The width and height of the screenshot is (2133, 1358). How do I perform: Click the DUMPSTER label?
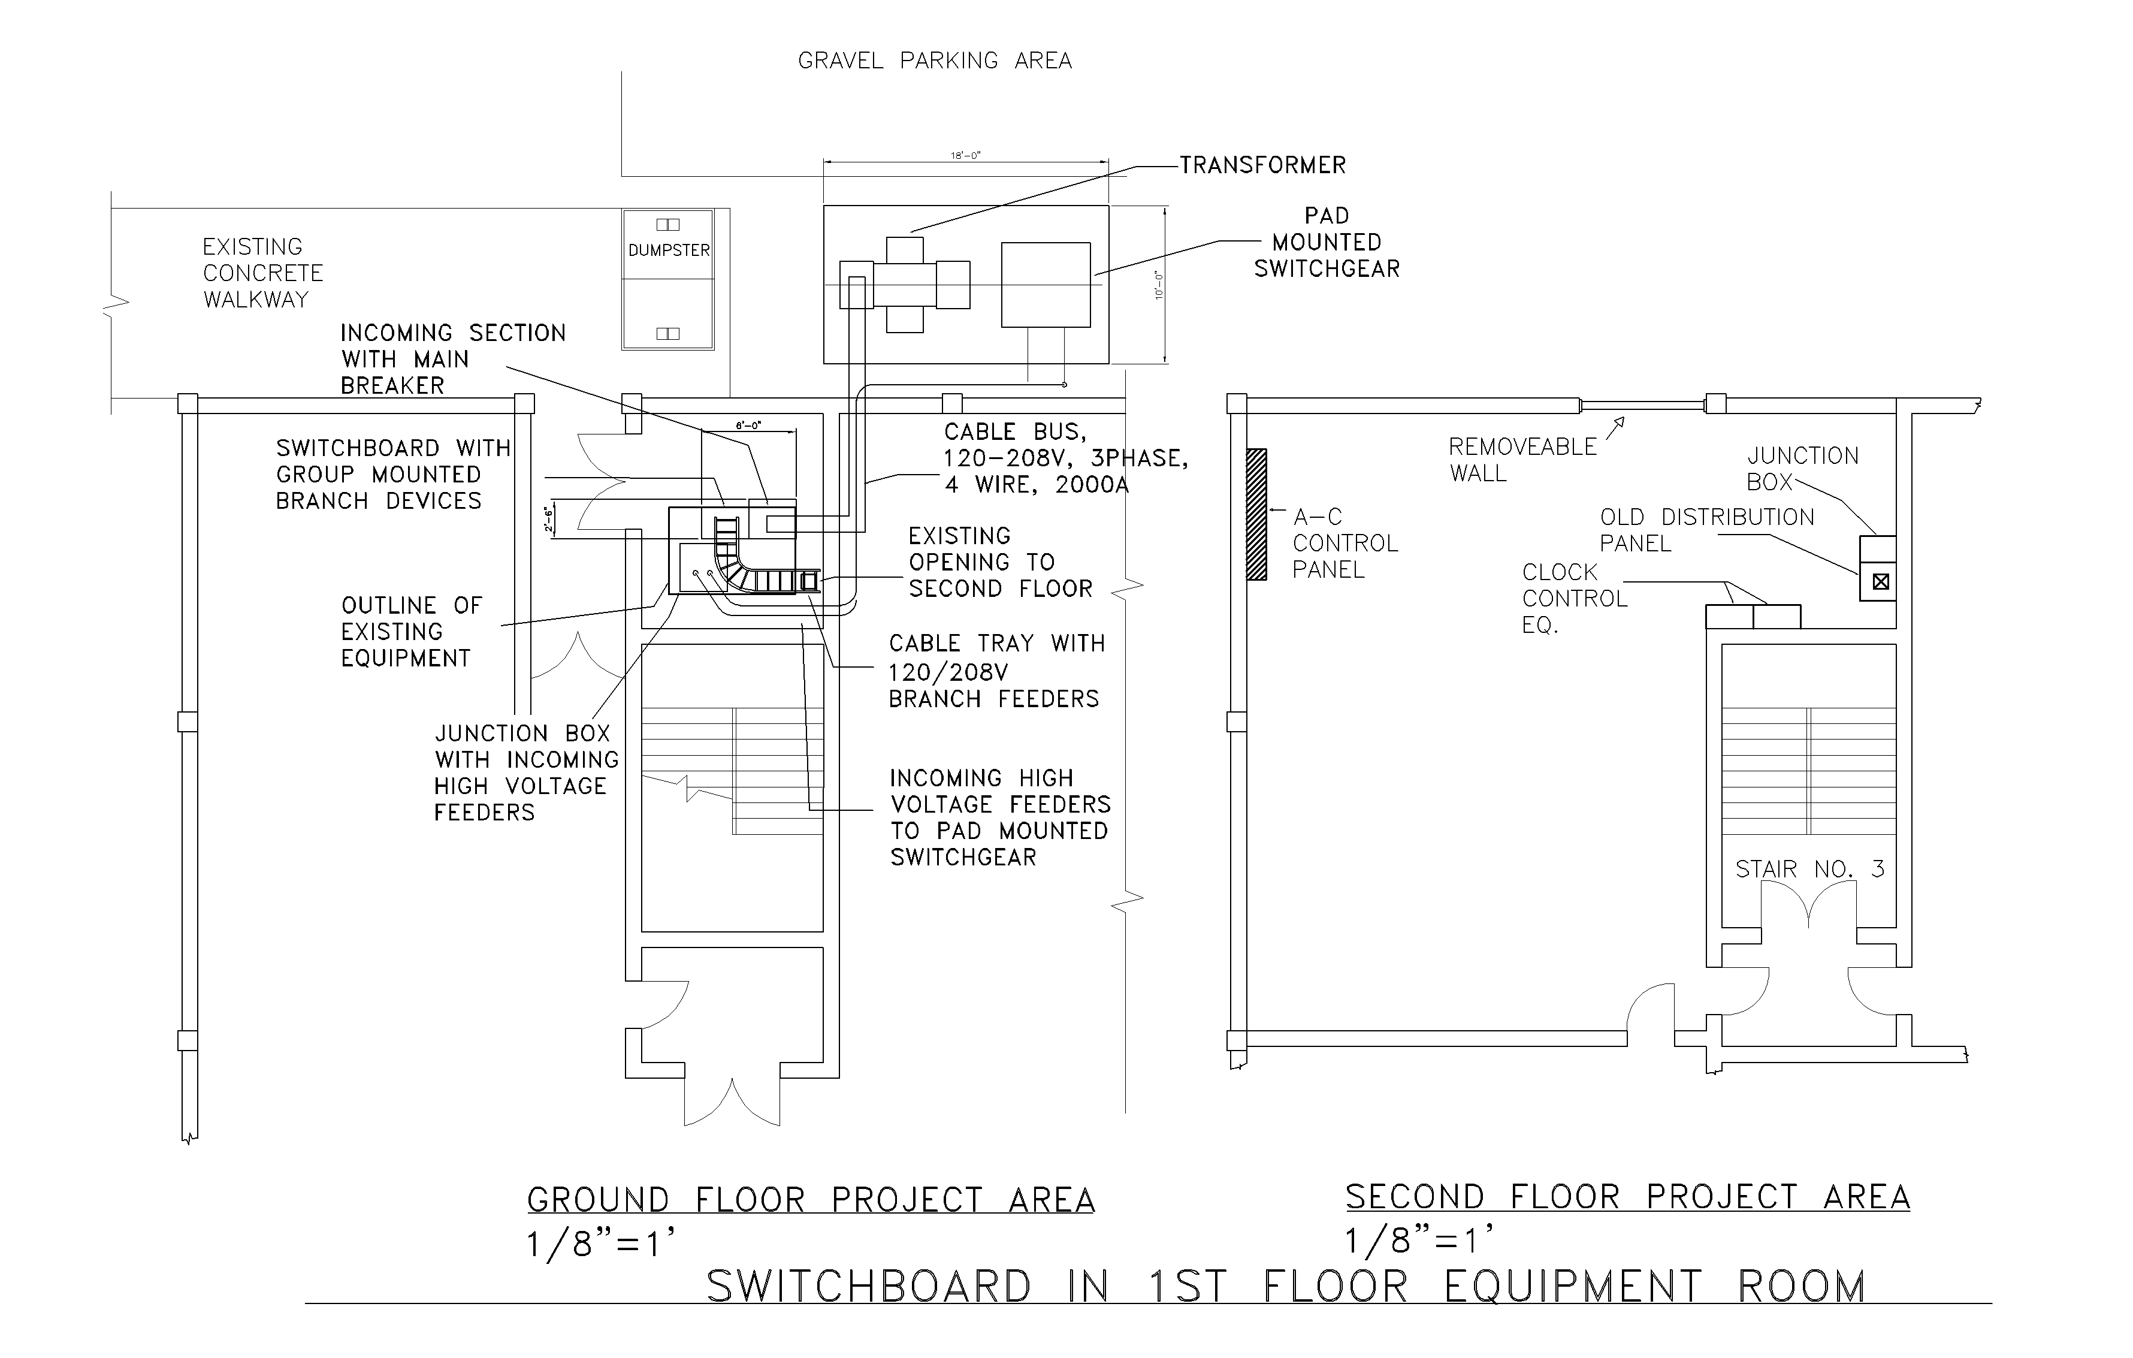coord(669,251)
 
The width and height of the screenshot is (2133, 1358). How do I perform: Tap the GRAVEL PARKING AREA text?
coord(935,61)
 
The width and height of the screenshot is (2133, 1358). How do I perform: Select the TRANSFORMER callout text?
coord(1262,165)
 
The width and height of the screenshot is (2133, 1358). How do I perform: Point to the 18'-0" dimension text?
coord(965,156)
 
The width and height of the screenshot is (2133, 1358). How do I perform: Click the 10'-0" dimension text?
coord(1158,284)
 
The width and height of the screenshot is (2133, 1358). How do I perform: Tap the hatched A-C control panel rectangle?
coord(1256,515)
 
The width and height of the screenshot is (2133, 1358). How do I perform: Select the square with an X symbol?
coord(1881,582)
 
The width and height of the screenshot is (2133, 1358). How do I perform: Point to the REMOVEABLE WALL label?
coord(1522,460)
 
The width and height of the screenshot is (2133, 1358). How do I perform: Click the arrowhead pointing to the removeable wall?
coord(1620,422)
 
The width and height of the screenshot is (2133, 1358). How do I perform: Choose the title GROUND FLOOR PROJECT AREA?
coord(811,1200)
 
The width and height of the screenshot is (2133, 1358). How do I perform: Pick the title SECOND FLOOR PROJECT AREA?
coord(1627,1197)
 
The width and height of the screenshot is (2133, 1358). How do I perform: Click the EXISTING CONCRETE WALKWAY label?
coord(262,273)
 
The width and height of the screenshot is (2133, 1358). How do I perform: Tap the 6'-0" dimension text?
coord(748,426)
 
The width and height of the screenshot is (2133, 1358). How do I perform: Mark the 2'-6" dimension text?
coord(549,519)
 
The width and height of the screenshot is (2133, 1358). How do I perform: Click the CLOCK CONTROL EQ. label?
coord(1574,599)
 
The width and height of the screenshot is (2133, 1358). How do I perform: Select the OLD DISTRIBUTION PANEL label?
coord(1706,530)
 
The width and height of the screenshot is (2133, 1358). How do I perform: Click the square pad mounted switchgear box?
coord(1046,284)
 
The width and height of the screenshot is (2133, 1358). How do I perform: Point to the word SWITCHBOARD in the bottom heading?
coord(868,1287)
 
